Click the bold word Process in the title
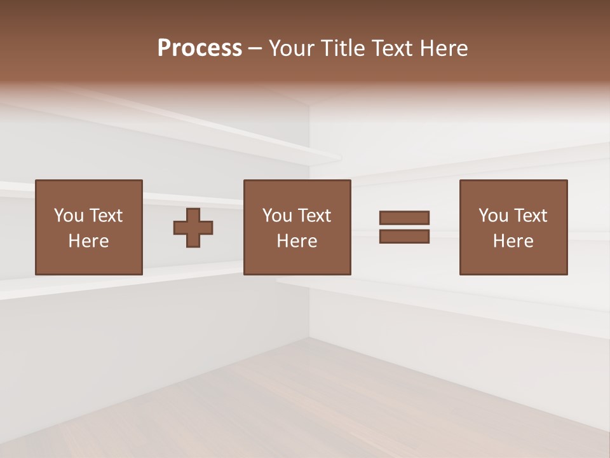[x=200, y=48]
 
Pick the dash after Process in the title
[x=255, y=49]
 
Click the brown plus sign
[x=193, y=228]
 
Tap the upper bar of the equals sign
[x=404, y=218]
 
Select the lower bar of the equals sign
[x=404, y=236]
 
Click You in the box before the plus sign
[x=69, y=216]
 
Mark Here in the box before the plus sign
[x=88, y=241]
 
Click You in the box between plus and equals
[x=277, y=216]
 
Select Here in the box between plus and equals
[x=297, y=241]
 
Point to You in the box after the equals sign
[x=493, y=216]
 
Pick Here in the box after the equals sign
[x=513, y=241]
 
